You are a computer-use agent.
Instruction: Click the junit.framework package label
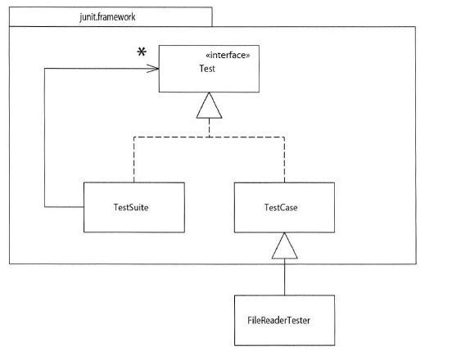107,17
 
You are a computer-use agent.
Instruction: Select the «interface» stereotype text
228,55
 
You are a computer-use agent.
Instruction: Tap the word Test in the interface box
207,69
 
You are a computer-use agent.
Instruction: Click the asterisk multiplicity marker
142,52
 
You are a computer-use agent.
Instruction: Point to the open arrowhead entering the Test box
152,69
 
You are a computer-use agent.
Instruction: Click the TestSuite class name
131,207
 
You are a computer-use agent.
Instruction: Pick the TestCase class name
281,207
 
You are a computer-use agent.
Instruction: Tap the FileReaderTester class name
278,321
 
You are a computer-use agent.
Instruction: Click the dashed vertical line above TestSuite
134,160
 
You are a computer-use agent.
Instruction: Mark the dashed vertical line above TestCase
284,160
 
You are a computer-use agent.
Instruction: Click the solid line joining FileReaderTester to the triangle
284,277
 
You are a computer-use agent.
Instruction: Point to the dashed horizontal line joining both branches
210,137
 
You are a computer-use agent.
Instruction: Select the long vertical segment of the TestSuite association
45,137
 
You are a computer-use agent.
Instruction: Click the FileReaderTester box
284,321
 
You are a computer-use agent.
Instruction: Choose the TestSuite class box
134,207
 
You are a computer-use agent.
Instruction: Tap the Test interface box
209,69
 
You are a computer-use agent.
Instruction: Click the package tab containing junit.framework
111,16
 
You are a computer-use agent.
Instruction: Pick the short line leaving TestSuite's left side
64,207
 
